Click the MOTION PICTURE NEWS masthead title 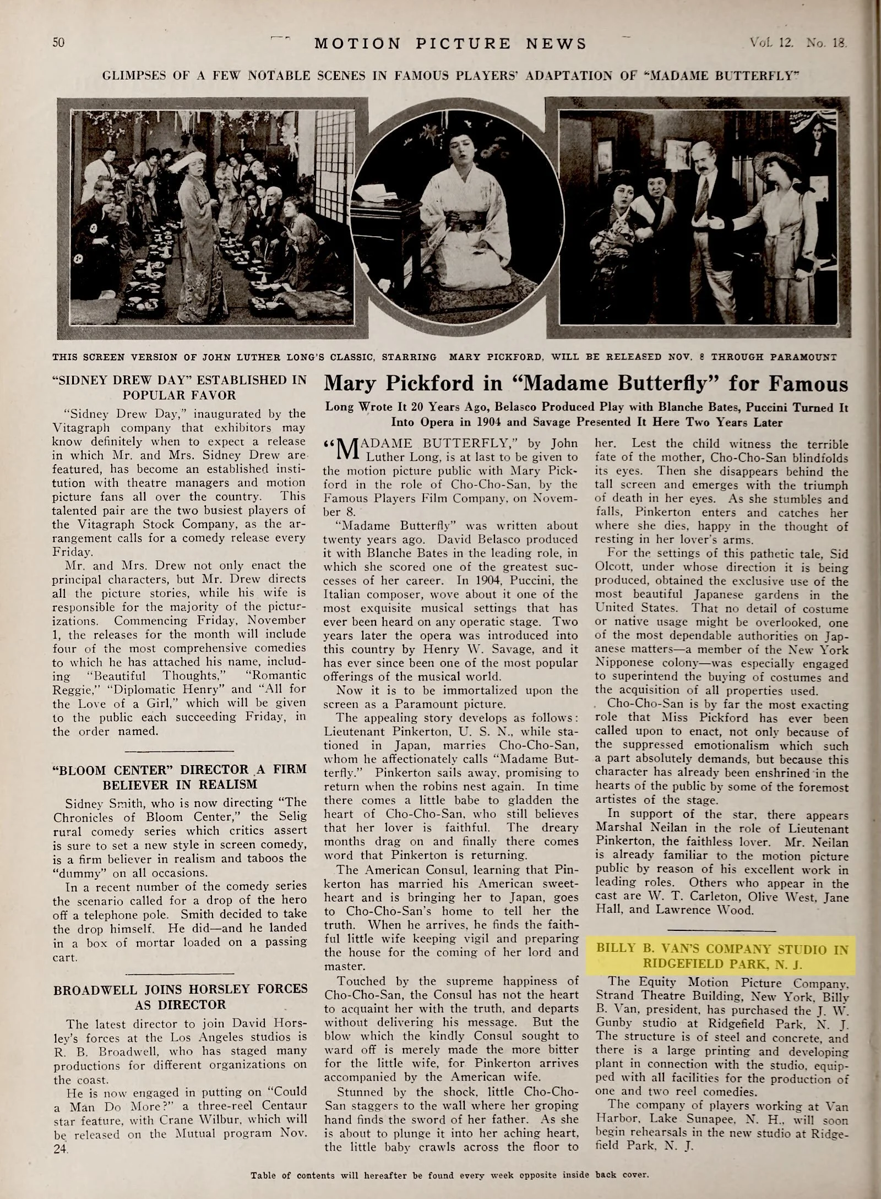[450, 43]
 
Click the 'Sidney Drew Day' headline [180, 386]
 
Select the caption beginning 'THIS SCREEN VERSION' [444, 356]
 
